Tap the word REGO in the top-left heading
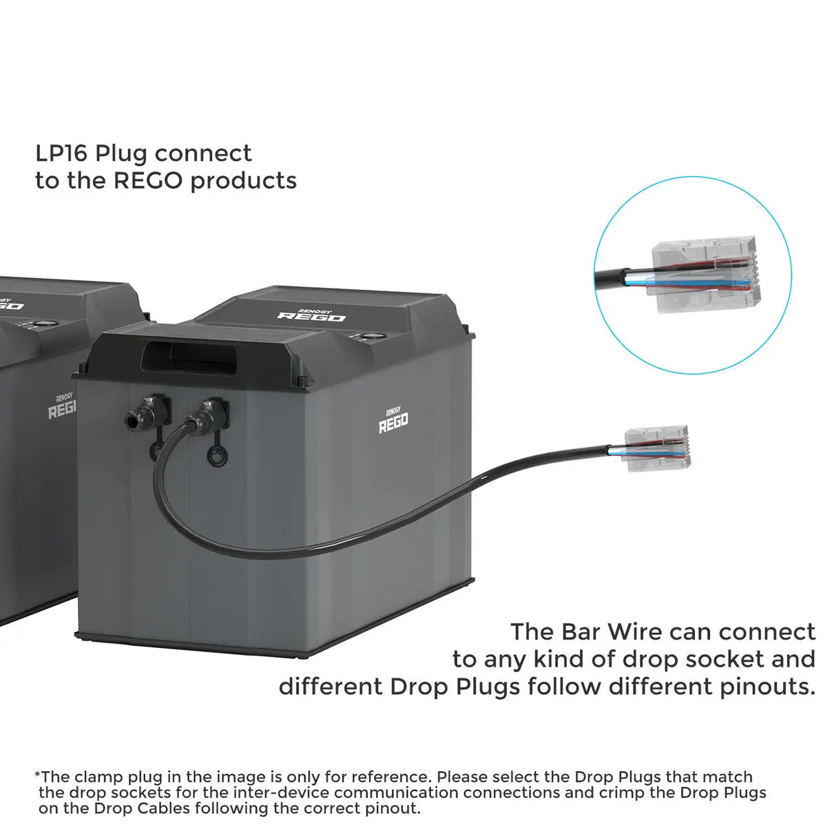pyautogui.click(x=148, y=181)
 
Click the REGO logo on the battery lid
pyautogui.click(x=311, y=316)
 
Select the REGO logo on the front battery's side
pyautogui.click(x=393, y=421)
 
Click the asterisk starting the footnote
pyautogui.click(x=37, y=775)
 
